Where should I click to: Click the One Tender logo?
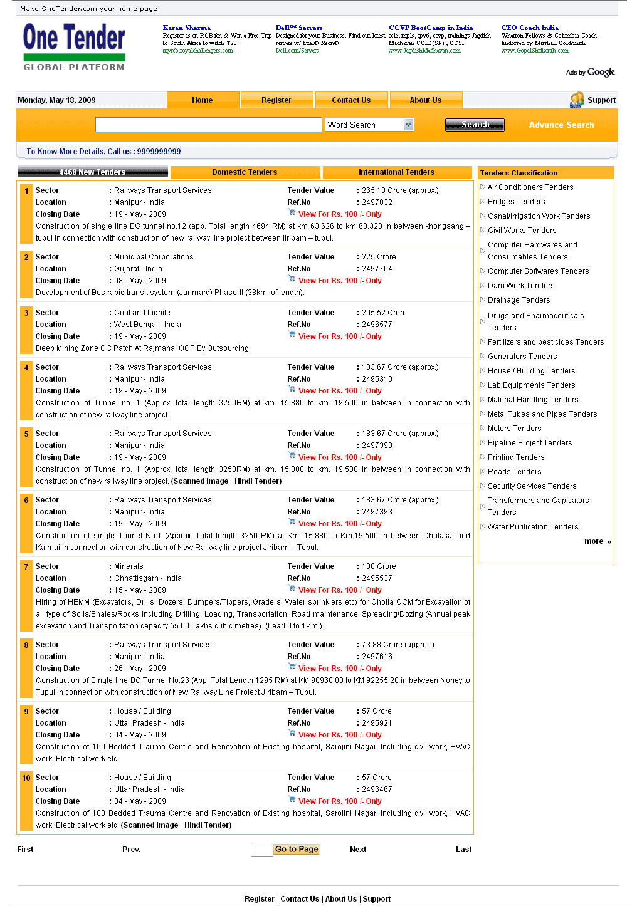(x=74, y=46)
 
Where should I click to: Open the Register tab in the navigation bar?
(x=276, y=100)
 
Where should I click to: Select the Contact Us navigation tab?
(x=351, y=100)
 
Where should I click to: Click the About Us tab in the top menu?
(x=426, y=100)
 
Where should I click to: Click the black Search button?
(x=475, y=125)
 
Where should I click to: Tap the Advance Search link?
(x=561, y=125)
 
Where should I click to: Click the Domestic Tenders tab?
(x=245, y=172)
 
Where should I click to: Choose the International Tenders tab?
(x=396, y=172)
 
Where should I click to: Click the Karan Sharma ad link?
(x=187, y=28)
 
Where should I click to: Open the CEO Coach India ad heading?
(x=530, y=28)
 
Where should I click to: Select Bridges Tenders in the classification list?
(x=517, y=202)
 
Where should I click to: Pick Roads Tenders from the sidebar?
(x=515, y=472)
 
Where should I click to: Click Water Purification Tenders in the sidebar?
(x=533, y=527)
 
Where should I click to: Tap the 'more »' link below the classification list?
(x=598, y=541)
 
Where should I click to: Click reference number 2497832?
(x=377, y=202)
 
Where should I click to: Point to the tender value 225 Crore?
(x=379, y=257)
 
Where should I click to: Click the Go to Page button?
(x=297, y=850)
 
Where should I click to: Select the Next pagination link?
(x=358, y=850)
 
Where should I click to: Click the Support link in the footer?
(x=376, y=899)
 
